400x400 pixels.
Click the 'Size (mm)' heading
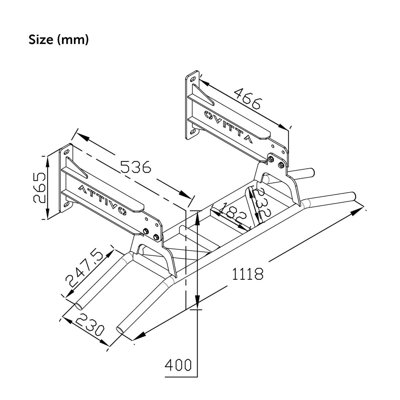coord(59,39)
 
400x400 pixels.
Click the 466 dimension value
coord(247,99)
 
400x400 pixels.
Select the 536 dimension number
coord(135,167)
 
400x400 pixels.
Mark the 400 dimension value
coord(178,365)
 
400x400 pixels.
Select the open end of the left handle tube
coord(80,306)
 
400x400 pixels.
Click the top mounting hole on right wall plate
coord(193,79)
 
